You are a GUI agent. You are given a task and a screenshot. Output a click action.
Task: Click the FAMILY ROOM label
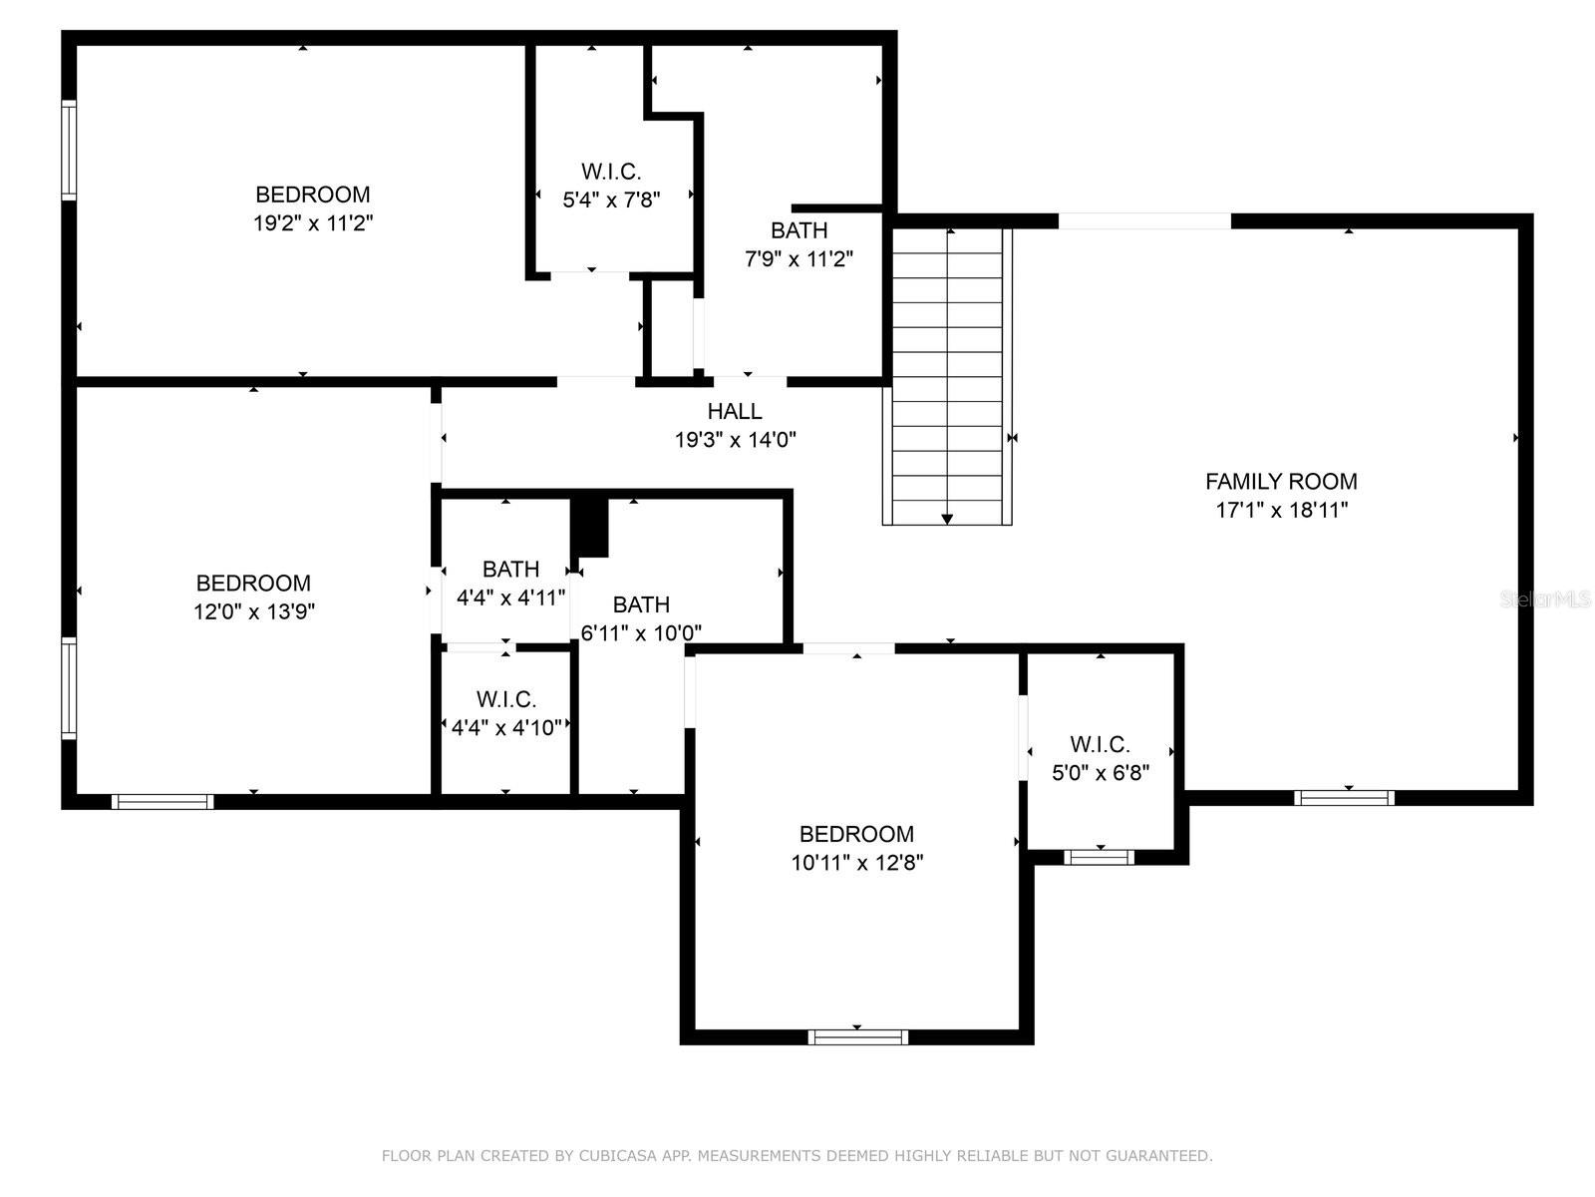pyautogui.click(x=1280, y=481)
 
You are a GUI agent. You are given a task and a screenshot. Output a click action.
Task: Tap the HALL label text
pyautogui.click(x=735, y=411)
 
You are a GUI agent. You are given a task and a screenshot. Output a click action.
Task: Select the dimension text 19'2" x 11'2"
pyautogui.click(x=313, y=222)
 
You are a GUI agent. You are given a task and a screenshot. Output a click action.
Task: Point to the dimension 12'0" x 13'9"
pyautogui.click(x=253, y=611)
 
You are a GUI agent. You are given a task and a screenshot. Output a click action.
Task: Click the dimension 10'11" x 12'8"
pyautogui.click(x=856, y=862)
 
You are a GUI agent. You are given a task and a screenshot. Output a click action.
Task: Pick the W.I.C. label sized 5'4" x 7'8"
pyautogui.click(x=611, y=172)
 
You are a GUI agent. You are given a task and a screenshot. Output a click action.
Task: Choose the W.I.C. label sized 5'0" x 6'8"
pyautogui.click(x=1100, y=744)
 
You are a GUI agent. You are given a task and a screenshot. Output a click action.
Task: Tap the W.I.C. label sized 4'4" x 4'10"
pyautogui.click(x=506, y=699)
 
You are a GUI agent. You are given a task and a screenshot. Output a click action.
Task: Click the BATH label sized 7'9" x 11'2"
pyautogui.click(x=799, y=230)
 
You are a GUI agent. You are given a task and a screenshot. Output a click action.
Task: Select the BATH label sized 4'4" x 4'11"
pyautogui.click(x=510, y=569)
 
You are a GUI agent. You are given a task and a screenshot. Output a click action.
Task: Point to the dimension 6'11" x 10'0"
pyautogui.click(x=641, y=633)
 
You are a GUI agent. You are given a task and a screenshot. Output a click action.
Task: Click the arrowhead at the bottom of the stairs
pyautogui.click(x=947, y=519)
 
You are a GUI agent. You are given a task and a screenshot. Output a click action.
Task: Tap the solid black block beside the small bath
pyautogui.click(x=589, y=529)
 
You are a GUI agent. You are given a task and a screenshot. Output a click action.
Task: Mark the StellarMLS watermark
pyautogui.click(x=1545, y=599)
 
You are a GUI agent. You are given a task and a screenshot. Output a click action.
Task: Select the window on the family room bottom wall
pyautogui.click(x=1344, y=797)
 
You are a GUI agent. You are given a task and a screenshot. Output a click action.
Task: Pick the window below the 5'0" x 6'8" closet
pyautogui.click(x=1099, y=857)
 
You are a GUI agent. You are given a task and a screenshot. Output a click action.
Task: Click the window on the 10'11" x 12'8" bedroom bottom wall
pyautogui.click(x=857, y=1036)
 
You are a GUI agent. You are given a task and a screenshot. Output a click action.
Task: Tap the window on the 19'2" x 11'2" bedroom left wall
pyautogui.click(x=69, y=150)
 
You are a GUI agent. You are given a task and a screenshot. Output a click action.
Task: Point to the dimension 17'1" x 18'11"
pyautogui.click(x=1282, y=510)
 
